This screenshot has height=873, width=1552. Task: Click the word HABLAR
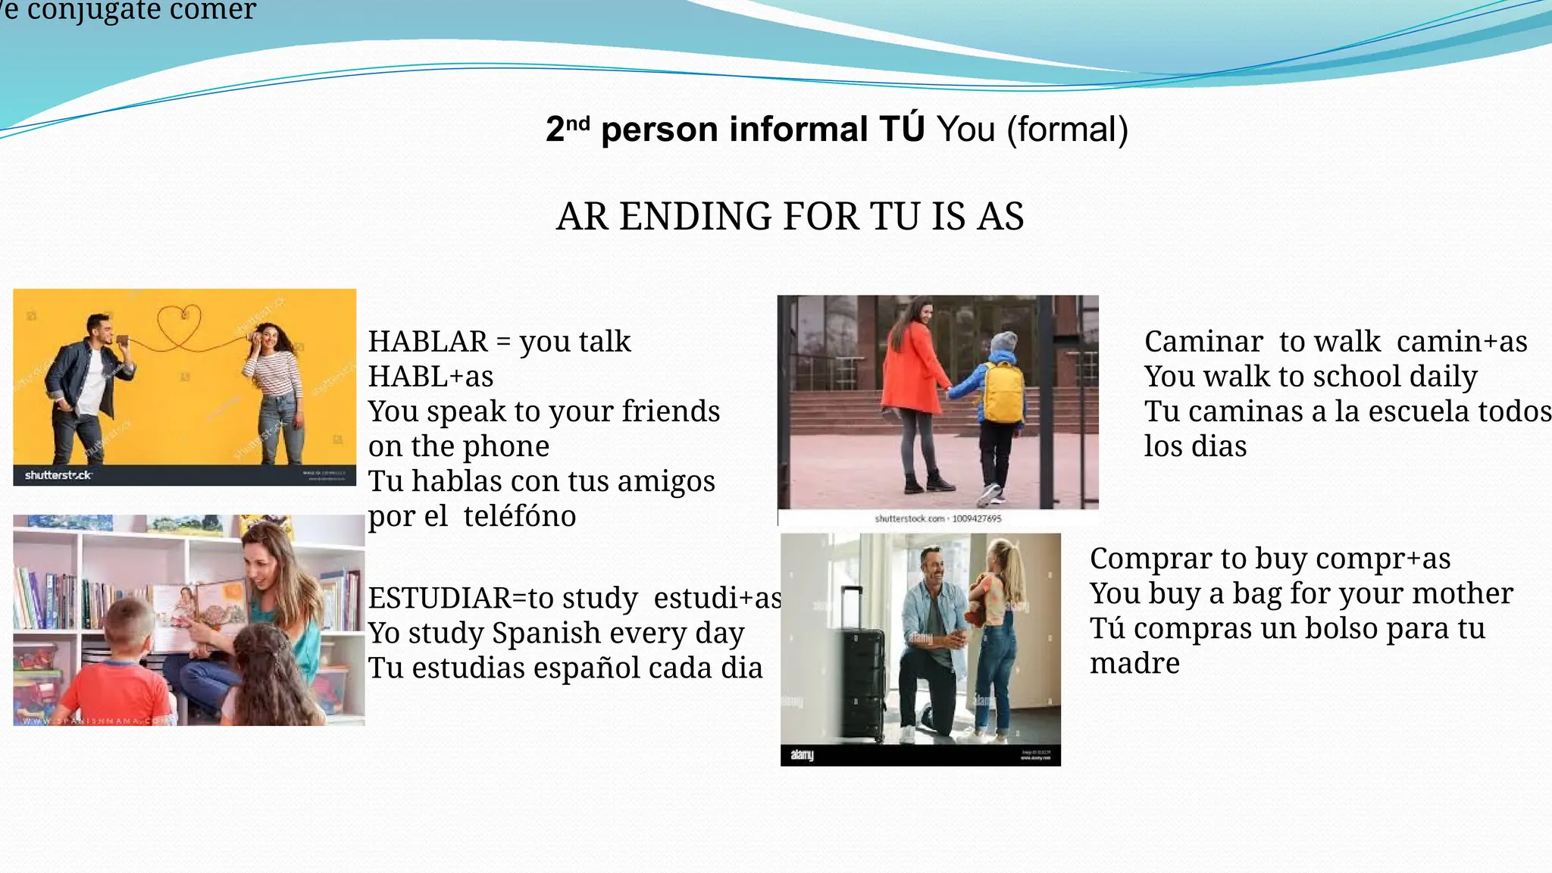coord(428,342)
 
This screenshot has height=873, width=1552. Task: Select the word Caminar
coord(1203,342)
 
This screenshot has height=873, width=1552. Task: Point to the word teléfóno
coord(520,516)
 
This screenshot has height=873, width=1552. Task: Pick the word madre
coord(1134,663)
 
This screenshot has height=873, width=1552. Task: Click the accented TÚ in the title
coord(901,128)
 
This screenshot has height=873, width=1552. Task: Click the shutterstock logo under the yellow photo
coord(58,475)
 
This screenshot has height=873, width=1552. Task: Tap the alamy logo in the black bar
coord(802,755)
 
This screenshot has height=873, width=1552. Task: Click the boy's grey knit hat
coord(1003,342)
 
